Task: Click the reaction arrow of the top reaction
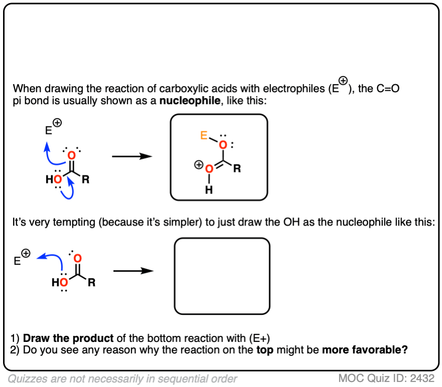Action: (x=132, y=156)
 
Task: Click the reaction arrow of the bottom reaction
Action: (x=133, y=271)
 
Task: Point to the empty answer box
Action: (x=222, y=275)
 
